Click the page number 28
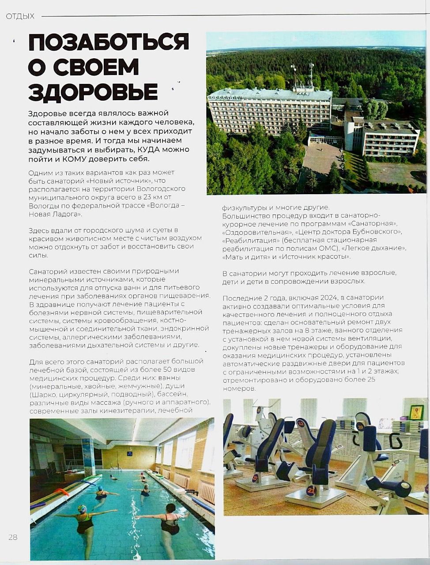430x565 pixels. (x=13, y=537)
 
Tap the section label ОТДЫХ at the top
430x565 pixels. (x=20, y=16)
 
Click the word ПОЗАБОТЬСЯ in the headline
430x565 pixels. (x=109, y=42)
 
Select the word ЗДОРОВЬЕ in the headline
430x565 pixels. (x=93, y=92)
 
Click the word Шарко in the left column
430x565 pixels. (x=45, y=394)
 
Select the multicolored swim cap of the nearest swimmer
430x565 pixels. (x=82, y=509)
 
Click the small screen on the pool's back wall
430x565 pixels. (x=129, y=453)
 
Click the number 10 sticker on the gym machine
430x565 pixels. (x=360, y=426)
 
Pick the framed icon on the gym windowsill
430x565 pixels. (x=416, y=412)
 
